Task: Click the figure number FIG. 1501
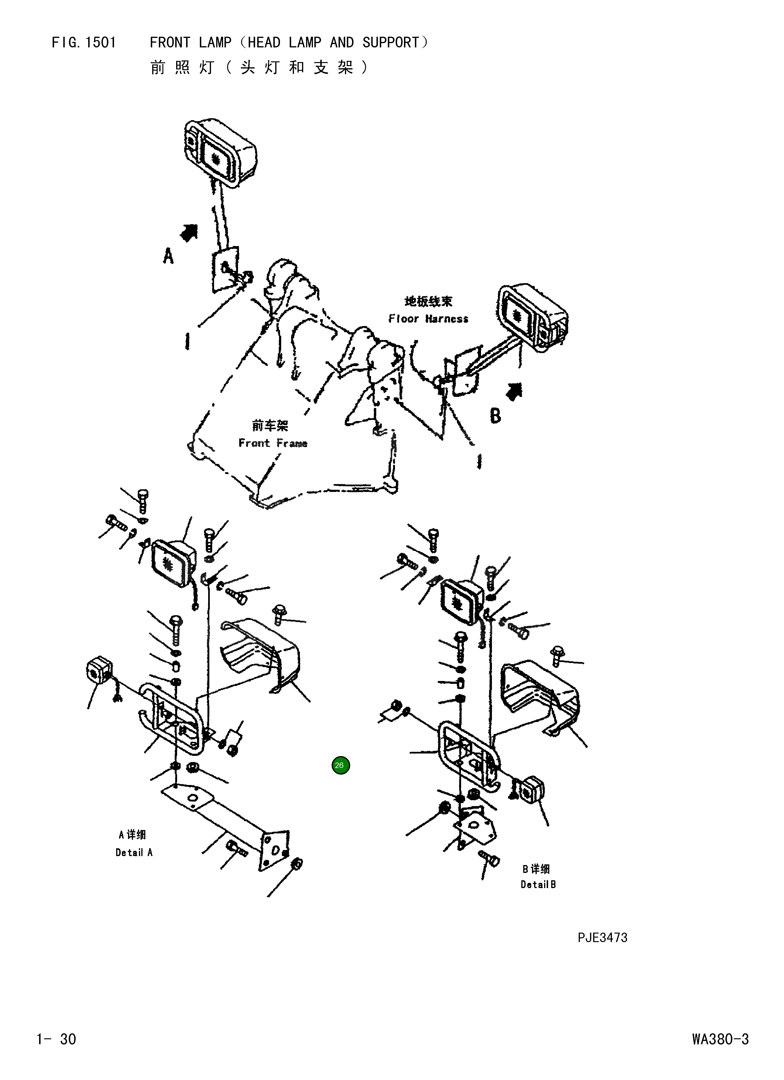click(84, 43)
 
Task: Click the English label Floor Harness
click(428, 318)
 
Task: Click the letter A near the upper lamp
click(168, 257)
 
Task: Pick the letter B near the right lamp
click(495, 416)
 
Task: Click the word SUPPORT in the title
click(390, 43)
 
